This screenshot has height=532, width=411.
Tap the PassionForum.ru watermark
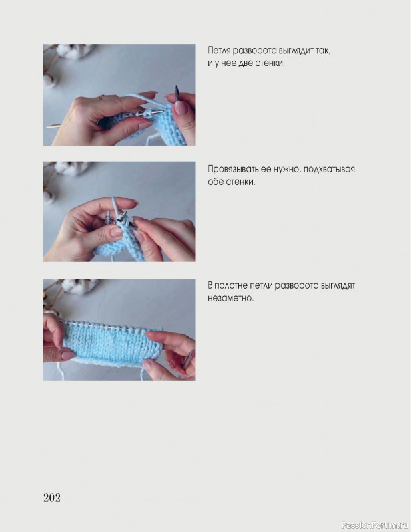[x=375, y=525]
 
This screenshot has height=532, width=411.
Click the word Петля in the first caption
[x=218, y=51]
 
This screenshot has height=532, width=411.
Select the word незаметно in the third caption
[x=231, y=298]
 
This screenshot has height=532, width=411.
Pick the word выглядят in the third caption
[x=338, y=286]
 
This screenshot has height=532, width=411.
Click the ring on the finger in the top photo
[x=101, y=98]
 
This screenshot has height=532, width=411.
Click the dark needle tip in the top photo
[x=177, y=92]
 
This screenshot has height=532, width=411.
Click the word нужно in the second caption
[x=288, y=170]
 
